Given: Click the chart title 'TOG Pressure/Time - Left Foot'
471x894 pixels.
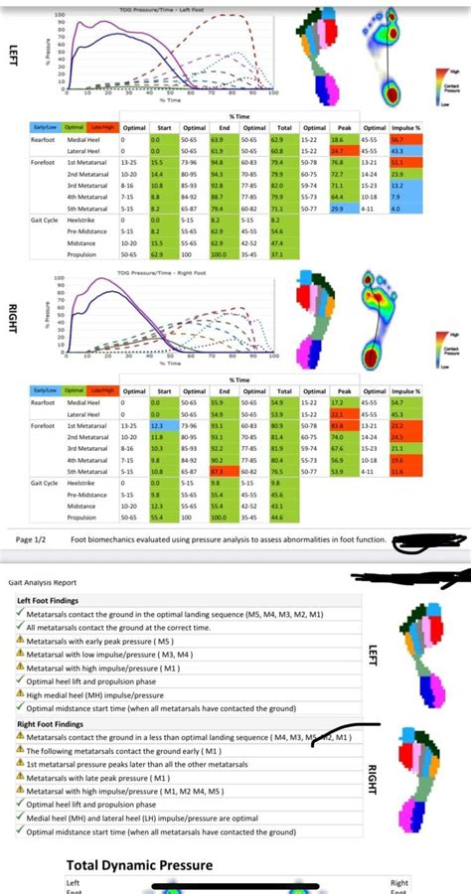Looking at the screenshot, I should [x=159, y=8].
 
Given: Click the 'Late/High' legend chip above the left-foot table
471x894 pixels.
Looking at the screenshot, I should [x=102, y=128].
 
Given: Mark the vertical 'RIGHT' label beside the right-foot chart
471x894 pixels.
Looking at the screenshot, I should [x=12, y=310].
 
